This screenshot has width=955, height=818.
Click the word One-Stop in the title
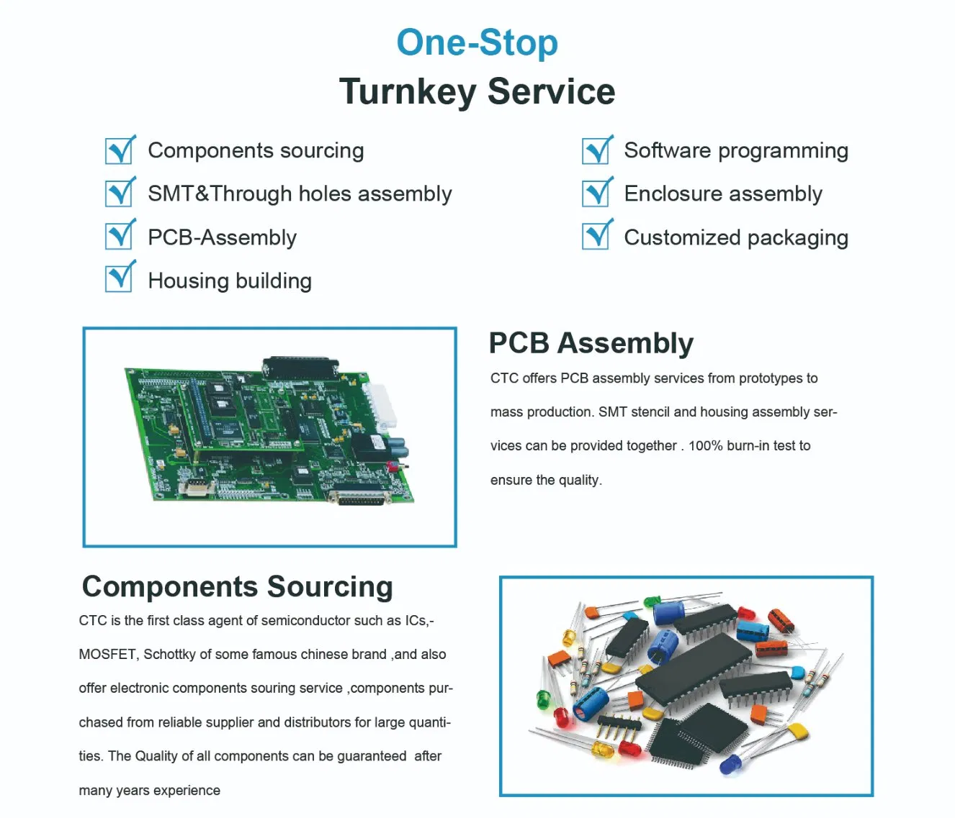tap(477, 42)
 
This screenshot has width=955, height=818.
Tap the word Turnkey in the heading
tap(407, 92)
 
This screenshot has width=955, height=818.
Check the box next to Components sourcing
tap(120, 150)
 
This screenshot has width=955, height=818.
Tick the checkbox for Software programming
tap(596, 150)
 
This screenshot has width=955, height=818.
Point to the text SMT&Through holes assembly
tap(300, 194)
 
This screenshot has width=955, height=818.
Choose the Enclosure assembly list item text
tap(722, 194)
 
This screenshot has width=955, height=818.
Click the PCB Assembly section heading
tap(591, 343)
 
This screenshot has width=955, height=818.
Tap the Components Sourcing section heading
tap(237, 586)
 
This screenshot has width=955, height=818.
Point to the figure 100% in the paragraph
tap(705, 446)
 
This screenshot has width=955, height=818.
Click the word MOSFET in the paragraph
tap(107, 655)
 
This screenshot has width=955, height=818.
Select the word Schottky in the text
tap(169, 655)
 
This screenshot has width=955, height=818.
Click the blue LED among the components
tap(730, 763)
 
